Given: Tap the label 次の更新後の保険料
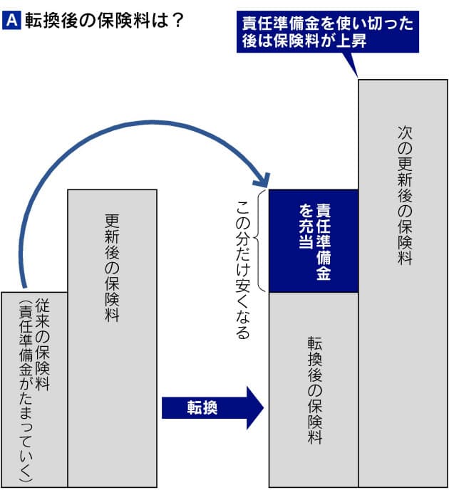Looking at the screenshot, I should click(x=405, y=195).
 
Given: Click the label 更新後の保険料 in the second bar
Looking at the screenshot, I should click(x=111, y=268).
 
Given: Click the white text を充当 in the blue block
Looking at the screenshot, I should click(x=304, y=226).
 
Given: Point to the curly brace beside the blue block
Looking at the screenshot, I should click(x=262, y=241).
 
